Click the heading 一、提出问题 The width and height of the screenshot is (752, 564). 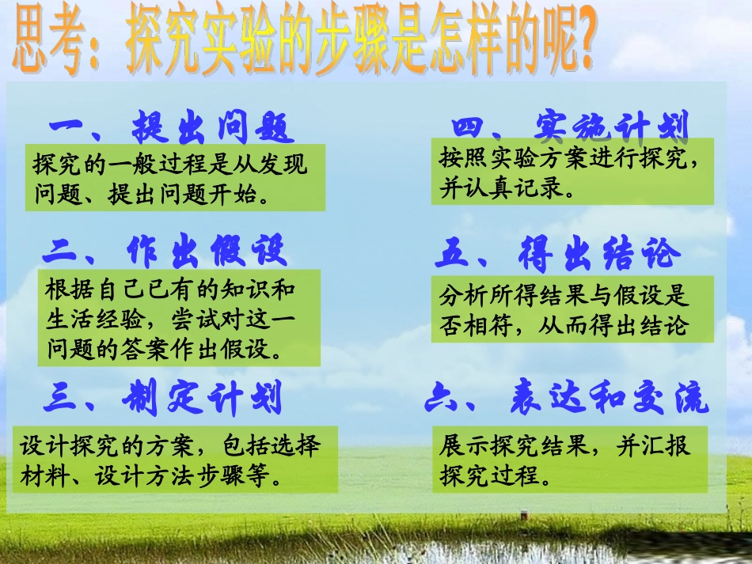(171, 127)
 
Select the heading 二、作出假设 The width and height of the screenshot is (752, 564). (165, 252)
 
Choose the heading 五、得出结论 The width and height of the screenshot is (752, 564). (557, 254)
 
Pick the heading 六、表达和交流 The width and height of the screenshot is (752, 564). (567, 400)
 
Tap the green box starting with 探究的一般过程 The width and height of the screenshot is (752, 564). (175, 178)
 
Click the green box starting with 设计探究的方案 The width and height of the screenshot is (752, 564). (175, 460)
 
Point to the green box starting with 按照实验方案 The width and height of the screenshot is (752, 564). (572, 172)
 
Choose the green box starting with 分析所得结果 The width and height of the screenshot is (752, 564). (572, 309)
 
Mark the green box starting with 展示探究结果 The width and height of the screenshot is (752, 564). (569, 460)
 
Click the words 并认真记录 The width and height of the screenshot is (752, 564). (505, 189)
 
